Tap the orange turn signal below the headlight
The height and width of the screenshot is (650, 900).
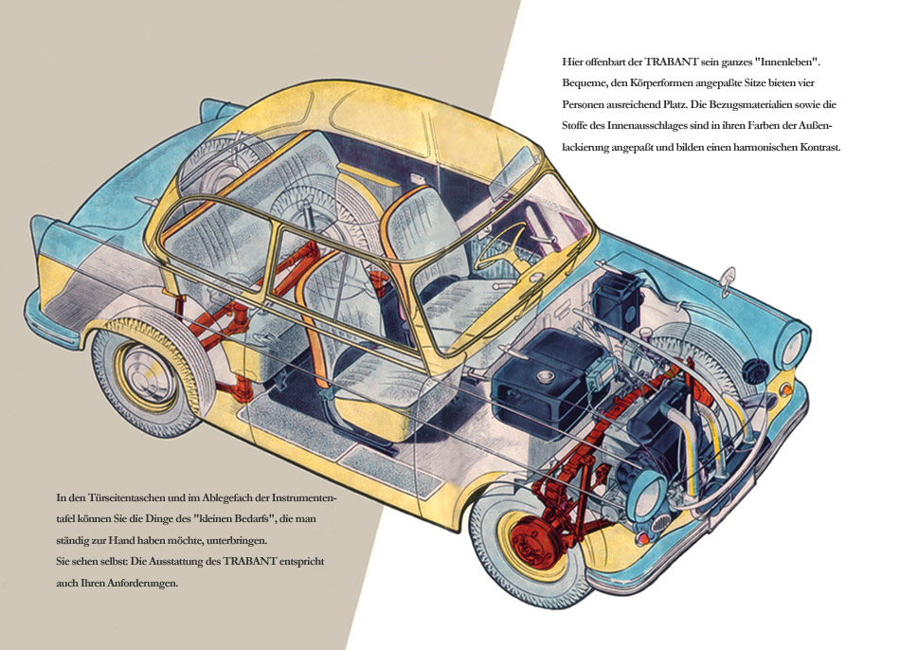click(786, 388)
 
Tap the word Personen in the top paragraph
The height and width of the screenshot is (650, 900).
click(588, 105)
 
